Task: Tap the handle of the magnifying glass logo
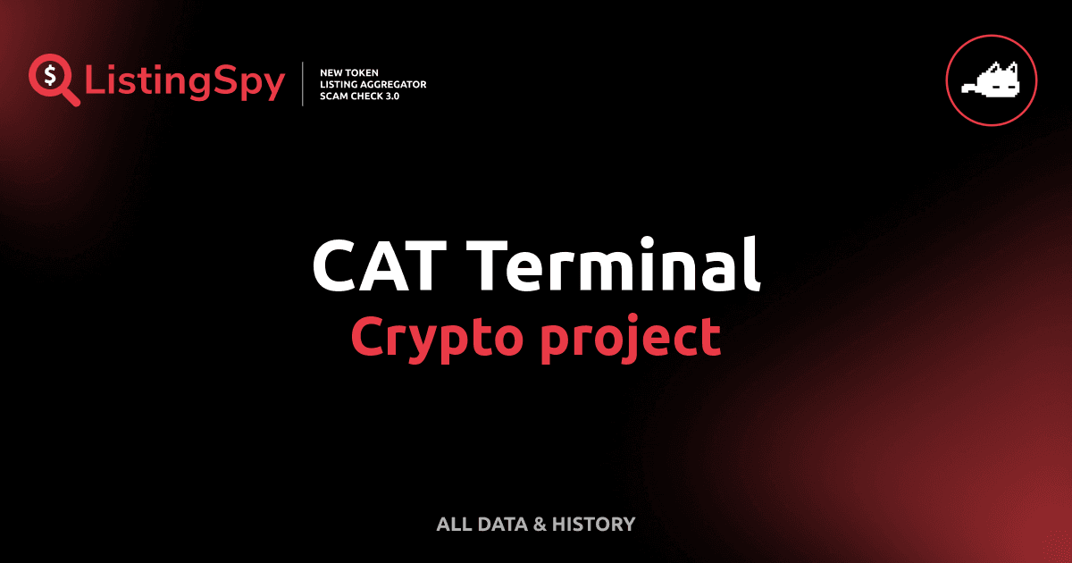(x=70, y=97)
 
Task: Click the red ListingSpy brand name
(x=185, y=83)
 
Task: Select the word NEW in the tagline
(x=333, y=71)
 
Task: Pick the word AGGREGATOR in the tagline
(x=392, y=84)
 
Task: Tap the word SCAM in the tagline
(x=336, y=96)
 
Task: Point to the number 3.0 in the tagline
(x=394, y=96)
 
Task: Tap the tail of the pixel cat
(x=967, y=88)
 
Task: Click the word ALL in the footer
(x=454, y=525)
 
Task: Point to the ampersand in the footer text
(x=540, y=525)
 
